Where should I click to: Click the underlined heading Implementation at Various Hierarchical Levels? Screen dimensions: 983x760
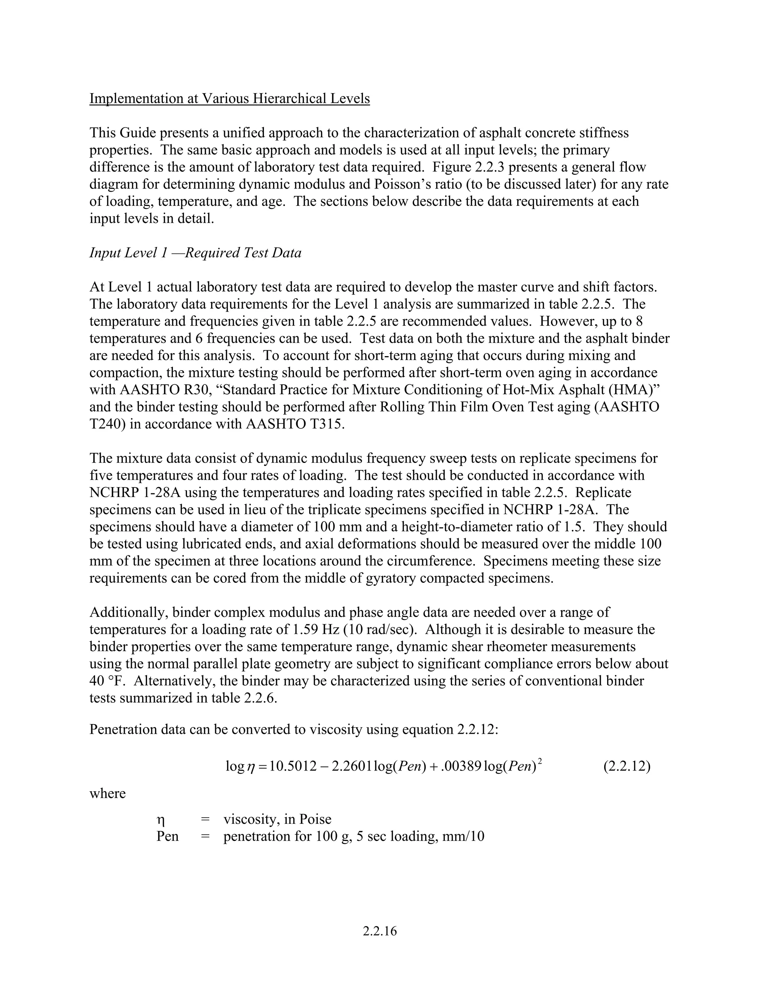point(230,98)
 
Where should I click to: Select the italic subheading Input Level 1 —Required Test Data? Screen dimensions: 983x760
point(196,253)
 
